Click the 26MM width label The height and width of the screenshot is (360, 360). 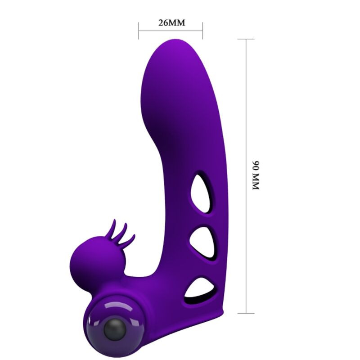pos(171,23)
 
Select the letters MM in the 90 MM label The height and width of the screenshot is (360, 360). pos(256,182)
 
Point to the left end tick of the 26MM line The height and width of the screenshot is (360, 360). pos(139,31)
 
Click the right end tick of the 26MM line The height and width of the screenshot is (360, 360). pos(202,31)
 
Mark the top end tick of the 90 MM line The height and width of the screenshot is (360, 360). pos(246,39)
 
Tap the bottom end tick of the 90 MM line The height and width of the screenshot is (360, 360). pos(246,313)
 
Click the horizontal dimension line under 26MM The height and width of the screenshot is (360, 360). pos(171,31)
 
